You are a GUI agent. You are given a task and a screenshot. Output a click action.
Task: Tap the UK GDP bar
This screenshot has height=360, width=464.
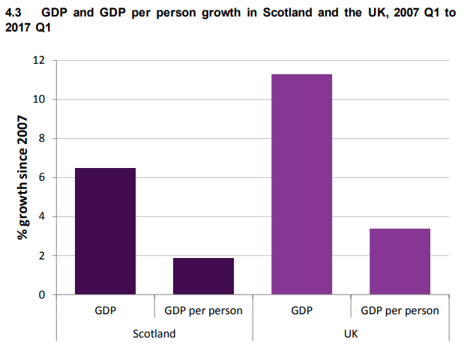tap(301, 184)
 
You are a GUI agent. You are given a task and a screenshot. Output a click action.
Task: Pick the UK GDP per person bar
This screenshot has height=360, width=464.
tap(400, 262)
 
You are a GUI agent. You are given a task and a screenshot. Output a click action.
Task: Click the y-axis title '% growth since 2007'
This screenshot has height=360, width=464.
tap(23, 178)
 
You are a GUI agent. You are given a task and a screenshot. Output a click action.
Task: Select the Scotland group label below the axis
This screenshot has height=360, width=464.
tap(154, 333)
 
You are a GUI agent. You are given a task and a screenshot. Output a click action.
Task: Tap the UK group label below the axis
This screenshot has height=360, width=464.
tap(350, 333)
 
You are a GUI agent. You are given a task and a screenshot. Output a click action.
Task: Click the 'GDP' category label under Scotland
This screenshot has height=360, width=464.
tap(105, 310)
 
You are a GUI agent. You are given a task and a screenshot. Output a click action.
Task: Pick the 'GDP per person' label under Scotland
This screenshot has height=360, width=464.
tap(203, 310)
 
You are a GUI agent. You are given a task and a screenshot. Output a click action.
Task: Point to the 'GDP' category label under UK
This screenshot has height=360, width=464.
tap(301, 310)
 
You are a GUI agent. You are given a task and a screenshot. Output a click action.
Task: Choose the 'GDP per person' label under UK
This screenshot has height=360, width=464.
tap(400, 310)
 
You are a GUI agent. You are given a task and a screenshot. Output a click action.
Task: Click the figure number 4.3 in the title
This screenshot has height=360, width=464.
tap(16, 13)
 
